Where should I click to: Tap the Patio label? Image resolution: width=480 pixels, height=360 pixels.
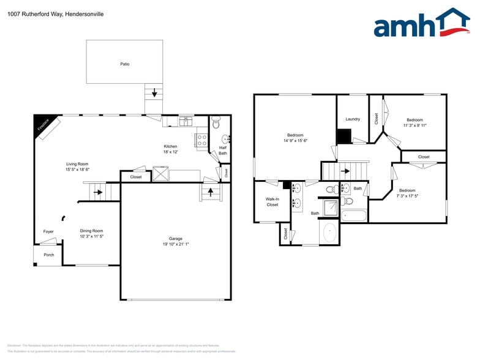(x=124, y=64)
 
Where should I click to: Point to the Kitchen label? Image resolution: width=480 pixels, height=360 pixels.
(x=170, y=146)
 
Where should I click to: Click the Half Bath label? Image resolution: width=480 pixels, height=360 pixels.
(x=223, y=151)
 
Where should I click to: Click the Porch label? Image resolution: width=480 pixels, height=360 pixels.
(x=48, y=255)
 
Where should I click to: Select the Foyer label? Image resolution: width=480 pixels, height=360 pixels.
(x=48, y=231)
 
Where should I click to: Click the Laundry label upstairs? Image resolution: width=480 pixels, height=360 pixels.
(x=353, y=119)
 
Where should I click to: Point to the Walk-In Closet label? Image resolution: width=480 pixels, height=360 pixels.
(x=272, y=202)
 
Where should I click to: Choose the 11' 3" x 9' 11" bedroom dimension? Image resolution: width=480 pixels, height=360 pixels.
(x=414, y=126)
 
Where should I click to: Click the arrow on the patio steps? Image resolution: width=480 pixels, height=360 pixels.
(x=154, y=93)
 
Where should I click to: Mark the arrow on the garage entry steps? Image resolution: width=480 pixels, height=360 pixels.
(x=210, y=192)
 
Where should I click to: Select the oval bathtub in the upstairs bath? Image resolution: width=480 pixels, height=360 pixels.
(x=329, y=232)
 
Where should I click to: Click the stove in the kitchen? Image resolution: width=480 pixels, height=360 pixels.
(x=201, y=140)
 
